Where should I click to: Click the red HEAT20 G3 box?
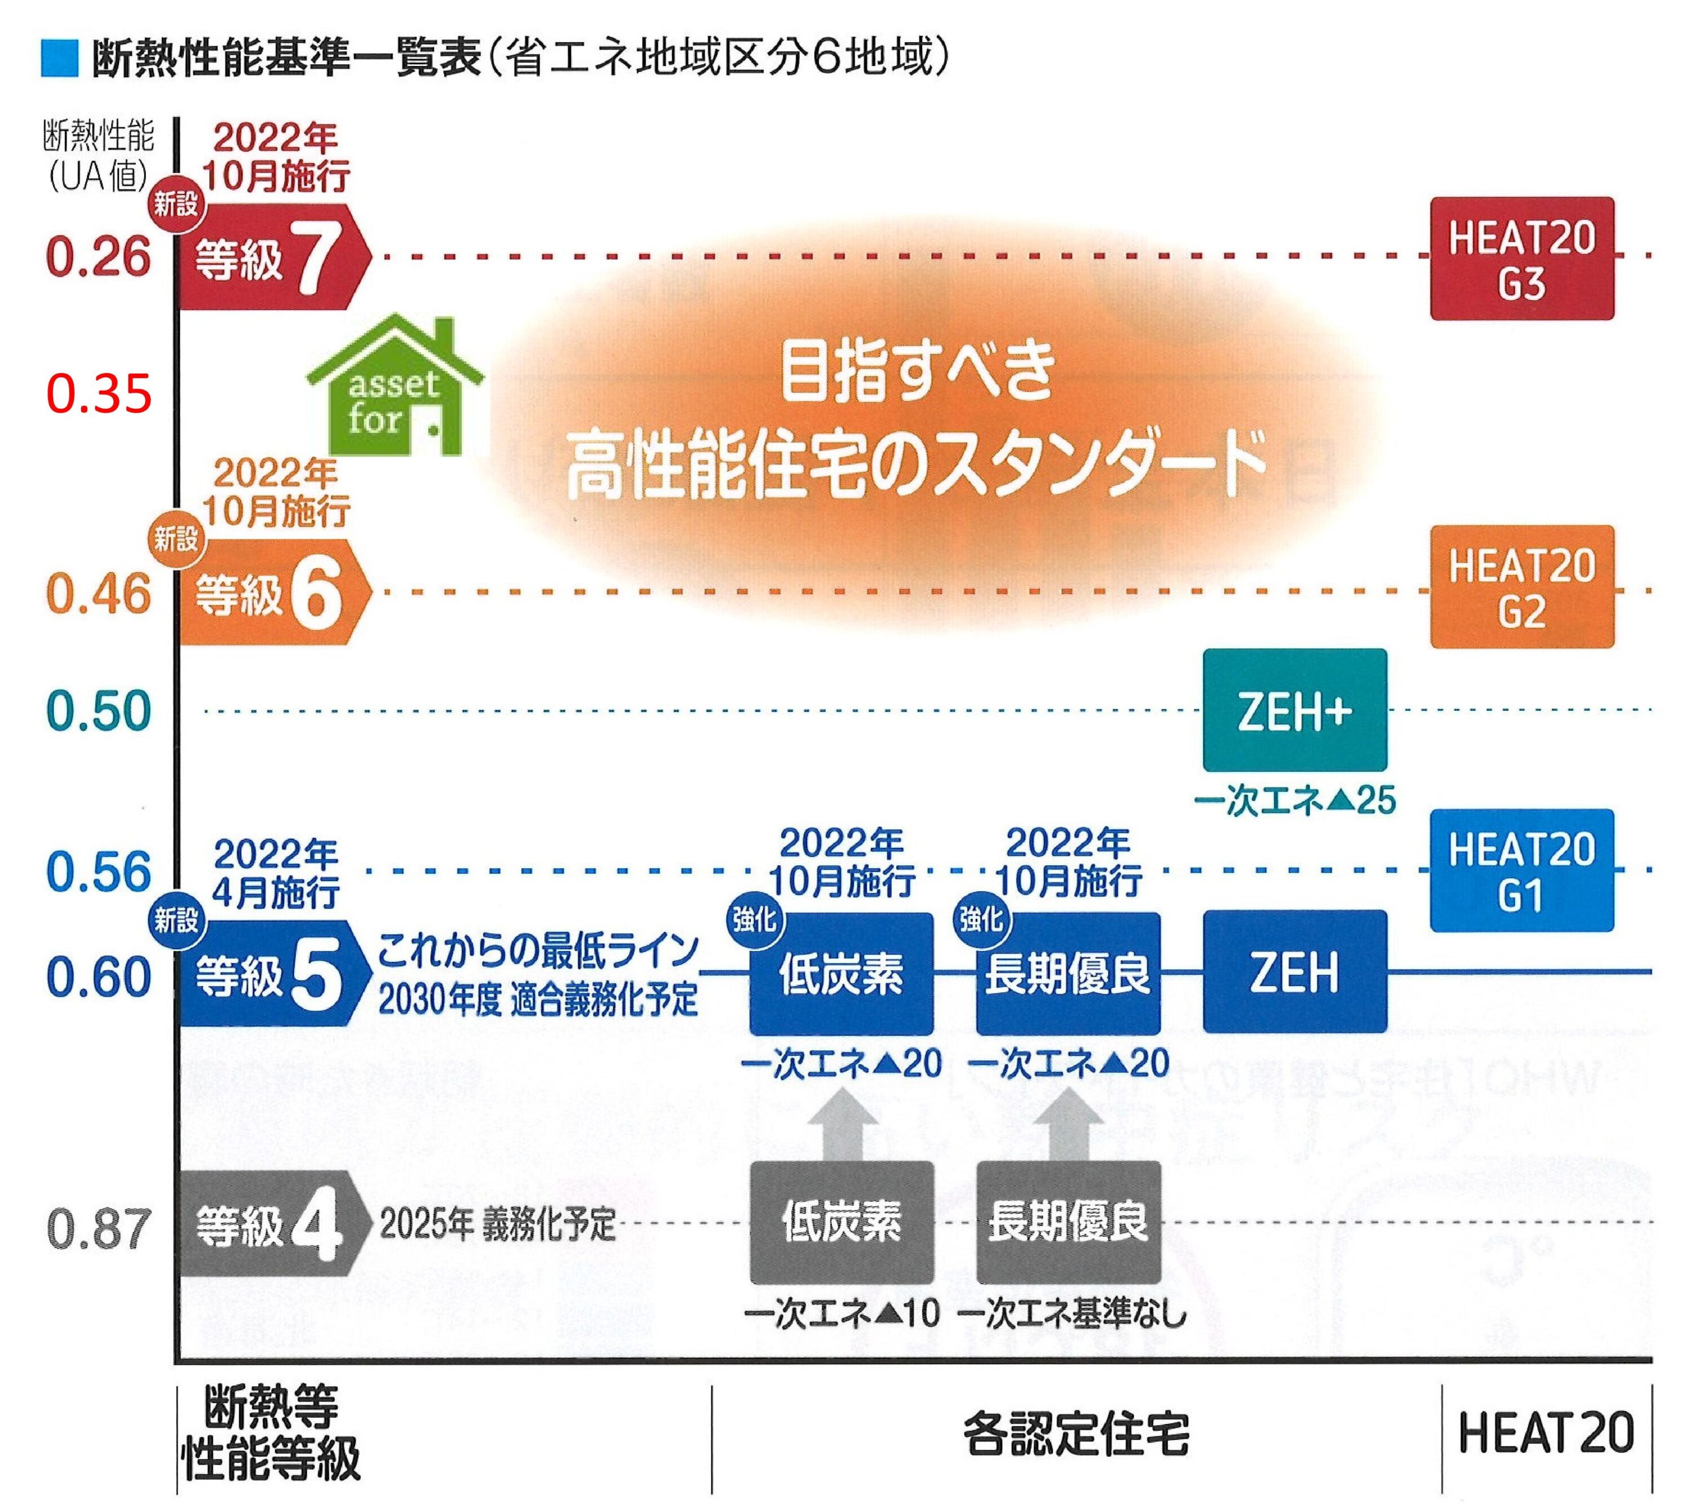[x=1521, y=259]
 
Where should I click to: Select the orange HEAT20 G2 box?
[x=1521, y=587]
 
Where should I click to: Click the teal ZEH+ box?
[x=1294, y=710]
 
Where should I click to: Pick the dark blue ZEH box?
[x=1294, y=972]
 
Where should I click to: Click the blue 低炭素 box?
[x=841, y=974]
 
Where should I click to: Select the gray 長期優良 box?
[x=1068, y=1222]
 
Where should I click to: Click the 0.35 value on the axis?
[x=99, y=393]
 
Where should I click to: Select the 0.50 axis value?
[x=99, y=710]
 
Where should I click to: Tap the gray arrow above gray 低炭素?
[x=841, y=1124]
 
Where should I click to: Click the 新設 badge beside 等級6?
[x=176, y=540]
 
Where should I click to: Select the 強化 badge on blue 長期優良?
[x=981, y=919]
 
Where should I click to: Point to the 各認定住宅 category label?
[x=1075, y=1434]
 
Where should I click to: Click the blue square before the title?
[x=60, y=59]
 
